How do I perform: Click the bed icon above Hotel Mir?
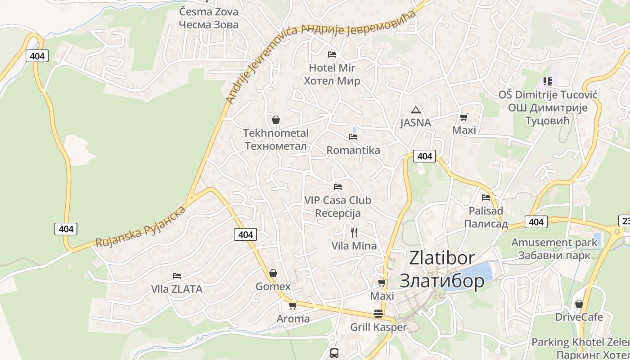pyautogui.click(x=332, y=54)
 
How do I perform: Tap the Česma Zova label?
pyautogui.click(x=208, y=12)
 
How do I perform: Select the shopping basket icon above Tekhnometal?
pyautogui.click(x=276, y=120)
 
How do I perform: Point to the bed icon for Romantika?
pyautogui.click(x=353, y=136)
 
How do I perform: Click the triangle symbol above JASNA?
pyautogui.click(x=416, y=110)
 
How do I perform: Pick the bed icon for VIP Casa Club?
pyautogui.click(x=338, y=186)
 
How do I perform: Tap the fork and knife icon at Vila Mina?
pyautogui.click(x=354, y=232)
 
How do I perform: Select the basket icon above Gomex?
pyautogui.click(x=273, y=273)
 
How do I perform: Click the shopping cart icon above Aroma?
pyautogui.click(x=293, y=306)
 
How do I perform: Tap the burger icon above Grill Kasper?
pyautogui.click(x=378, y=314)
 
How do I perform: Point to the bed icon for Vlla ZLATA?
pyautogui.click(x=177, y=275)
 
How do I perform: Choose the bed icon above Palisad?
pyautogui.click(x=486, y=197)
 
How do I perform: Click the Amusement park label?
pyautogui.click(x=554, y=243)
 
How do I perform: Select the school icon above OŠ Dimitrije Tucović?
pyautogui.click(x=547, y=81)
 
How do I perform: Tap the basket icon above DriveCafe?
pyautogui.click(x=579, y=304)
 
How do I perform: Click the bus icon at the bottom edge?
pyautogui.click(x=334, y=353)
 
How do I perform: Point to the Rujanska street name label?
pyautogui.click(x=140, y=227)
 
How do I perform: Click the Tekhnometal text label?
pyautogui.click(x=276, y=133)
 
